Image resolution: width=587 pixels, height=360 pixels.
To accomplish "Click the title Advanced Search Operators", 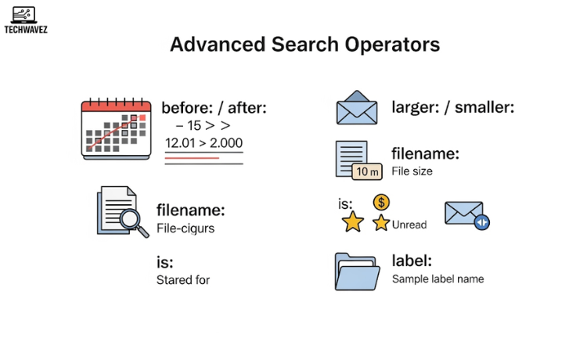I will pyautogui.click(x=304, y=44).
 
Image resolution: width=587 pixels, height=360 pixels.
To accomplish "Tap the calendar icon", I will pyautogui.click(x=117, y=128).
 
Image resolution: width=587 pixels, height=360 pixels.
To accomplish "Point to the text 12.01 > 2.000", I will pyautogui.click(x=203, y=143).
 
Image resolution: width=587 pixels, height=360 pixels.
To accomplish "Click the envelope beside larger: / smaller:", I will pyautogui.click(x=356, y=108).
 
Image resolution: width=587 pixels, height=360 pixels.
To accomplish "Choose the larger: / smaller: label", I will pyautogui.click(x=452, y=107).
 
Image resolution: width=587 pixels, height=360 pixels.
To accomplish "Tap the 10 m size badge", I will pyautogui.click(x=367, y=171).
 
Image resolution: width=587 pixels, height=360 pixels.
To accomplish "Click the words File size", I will pyautogui.click(x=412, y=171).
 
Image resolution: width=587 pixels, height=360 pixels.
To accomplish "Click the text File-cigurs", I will pyautogui.click(x=185, y=229).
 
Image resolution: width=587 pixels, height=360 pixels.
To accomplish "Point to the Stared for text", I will pyautogui.click(x=183, y=279).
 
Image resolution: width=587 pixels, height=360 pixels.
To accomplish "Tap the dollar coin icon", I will pyautogui.click(x=381, y=203).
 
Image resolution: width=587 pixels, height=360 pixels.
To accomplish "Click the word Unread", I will pyautogui.click(x=409, y=225).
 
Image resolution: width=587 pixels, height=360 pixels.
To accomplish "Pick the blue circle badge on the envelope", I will pyautogui.click(x=481, y=223).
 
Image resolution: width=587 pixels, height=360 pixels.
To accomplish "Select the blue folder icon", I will pyautogui.click(x=356, y=271).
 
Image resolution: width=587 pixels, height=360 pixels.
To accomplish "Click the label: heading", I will pyautogui.click(x=412, y=261).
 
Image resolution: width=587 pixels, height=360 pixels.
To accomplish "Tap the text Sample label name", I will pyautogui.click(x=438, y=279).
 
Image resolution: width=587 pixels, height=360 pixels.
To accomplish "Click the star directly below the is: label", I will pyautogui.click(x=353, y=223).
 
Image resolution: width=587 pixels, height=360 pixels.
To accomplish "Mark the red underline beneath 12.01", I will pyautogui.click(x=192, y=157).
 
